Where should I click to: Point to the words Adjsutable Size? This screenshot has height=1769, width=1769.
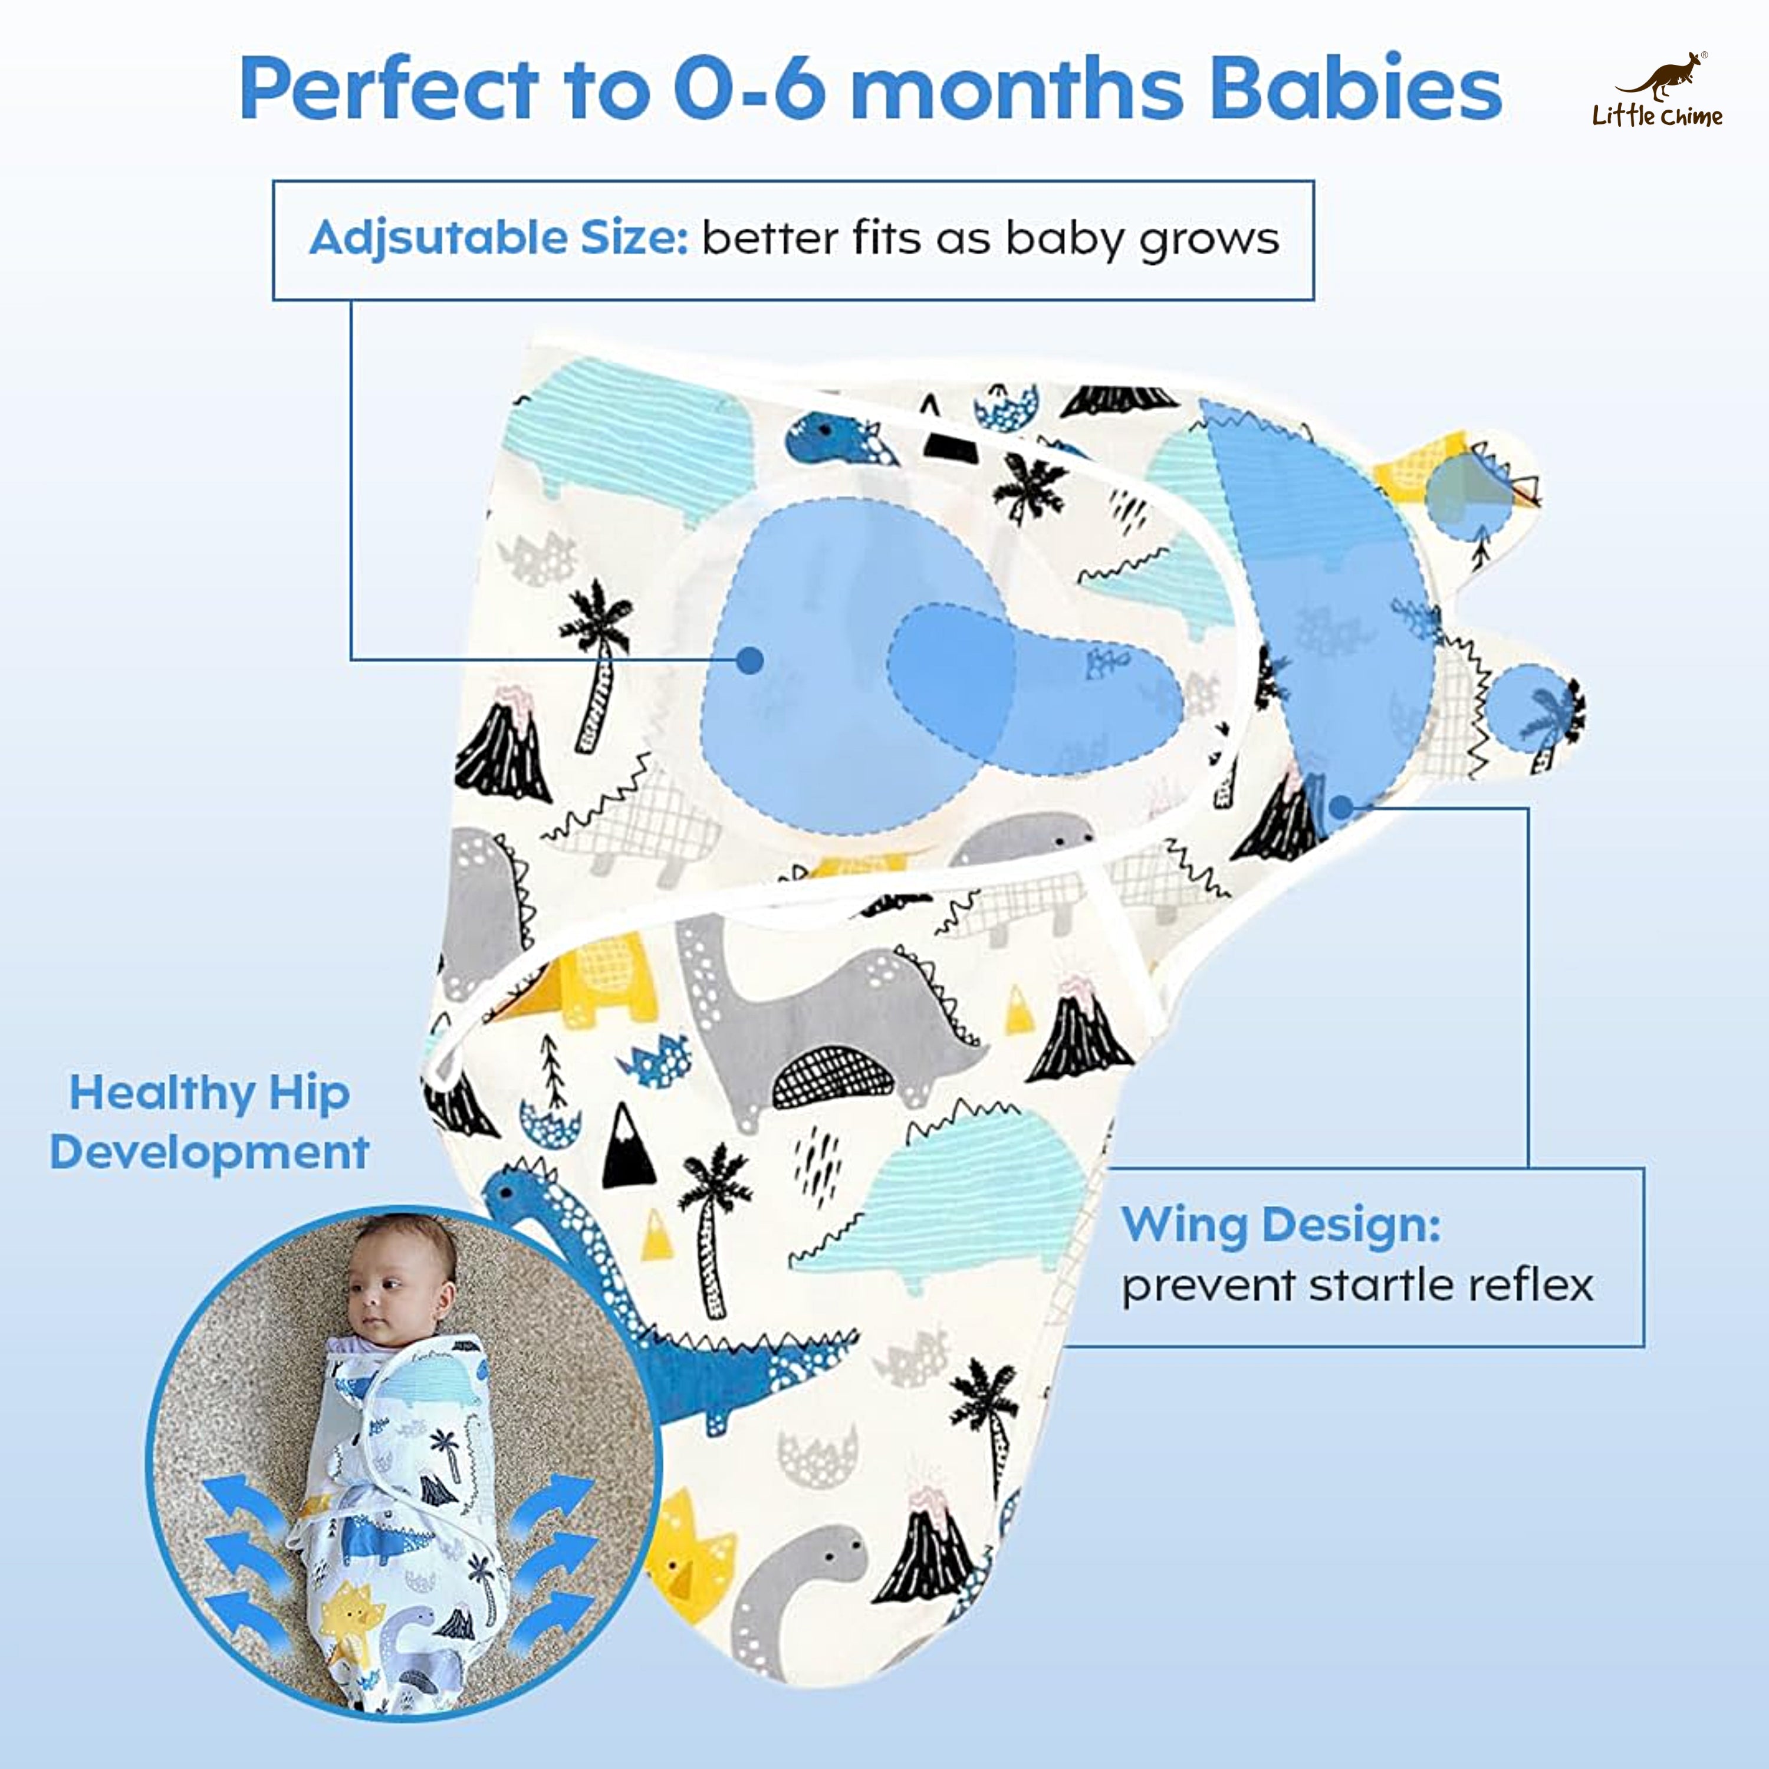(498, 238)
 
